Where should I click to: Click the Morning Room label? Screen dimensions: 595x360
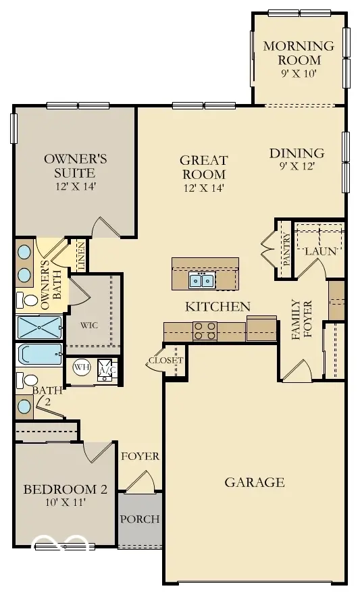pos(299,53)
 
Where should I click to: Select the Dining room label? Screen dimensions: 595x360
pos(297,153)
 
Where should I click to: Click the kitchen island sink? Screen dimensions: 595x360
pos(201,280)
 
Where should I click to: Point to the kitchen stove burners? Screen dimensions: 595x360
pos(205,330)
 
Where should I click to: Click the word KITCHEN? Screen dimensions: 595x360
pos(218,307)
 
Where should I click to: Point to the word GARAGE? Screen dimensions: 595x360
pos(255,482)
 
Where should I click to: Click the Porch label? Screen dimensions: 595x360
pos(140,519)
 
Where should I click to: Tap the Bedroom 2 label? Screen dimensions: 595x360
pos(65,489)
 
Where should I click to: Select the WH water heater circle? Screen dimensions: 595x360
pos(81,367)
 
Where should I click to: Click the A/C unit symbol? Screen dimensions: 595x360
pos(106,370)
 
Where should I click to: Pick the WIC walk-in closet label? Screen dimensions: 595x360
pos(90,324)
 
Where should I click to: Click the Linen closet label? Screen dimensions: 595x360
pos(81,256)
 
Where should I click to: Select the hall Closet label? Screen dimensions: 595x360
pos(165,360)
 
